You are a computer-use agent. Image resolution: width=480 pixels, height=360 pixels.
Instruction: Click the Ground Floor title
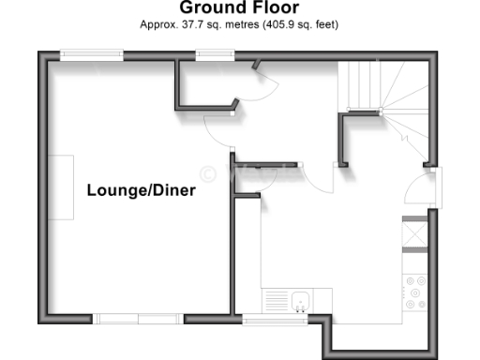pos(239,8)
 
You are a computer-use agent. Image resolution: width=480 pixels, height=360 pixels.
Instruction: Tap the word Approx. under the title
pos(160,23)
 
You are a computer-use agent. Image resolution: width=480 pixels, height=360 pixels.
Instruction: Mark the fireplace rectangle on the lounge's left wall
pos(62,187)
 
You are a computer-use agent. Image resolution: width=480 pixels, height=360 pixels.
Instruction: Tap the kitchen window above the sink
pos(274,320)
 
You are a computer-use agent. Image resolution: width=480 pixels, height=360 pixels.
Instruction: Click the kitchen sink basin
pos(301,301)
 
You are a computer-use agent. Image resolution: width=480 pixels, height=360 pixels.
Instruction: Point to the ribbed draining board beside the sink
pos(278,300)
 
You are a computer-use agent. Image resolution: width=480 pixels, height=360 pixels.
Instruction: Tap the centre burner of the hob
pos(413,292)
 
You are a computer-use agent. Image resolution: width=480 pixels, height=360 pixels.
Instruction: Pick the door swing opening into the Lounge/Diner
pos(217,139)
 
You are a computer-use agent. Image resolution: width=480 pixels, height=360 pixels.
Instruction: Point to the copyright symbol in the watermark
pos(210,172)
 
